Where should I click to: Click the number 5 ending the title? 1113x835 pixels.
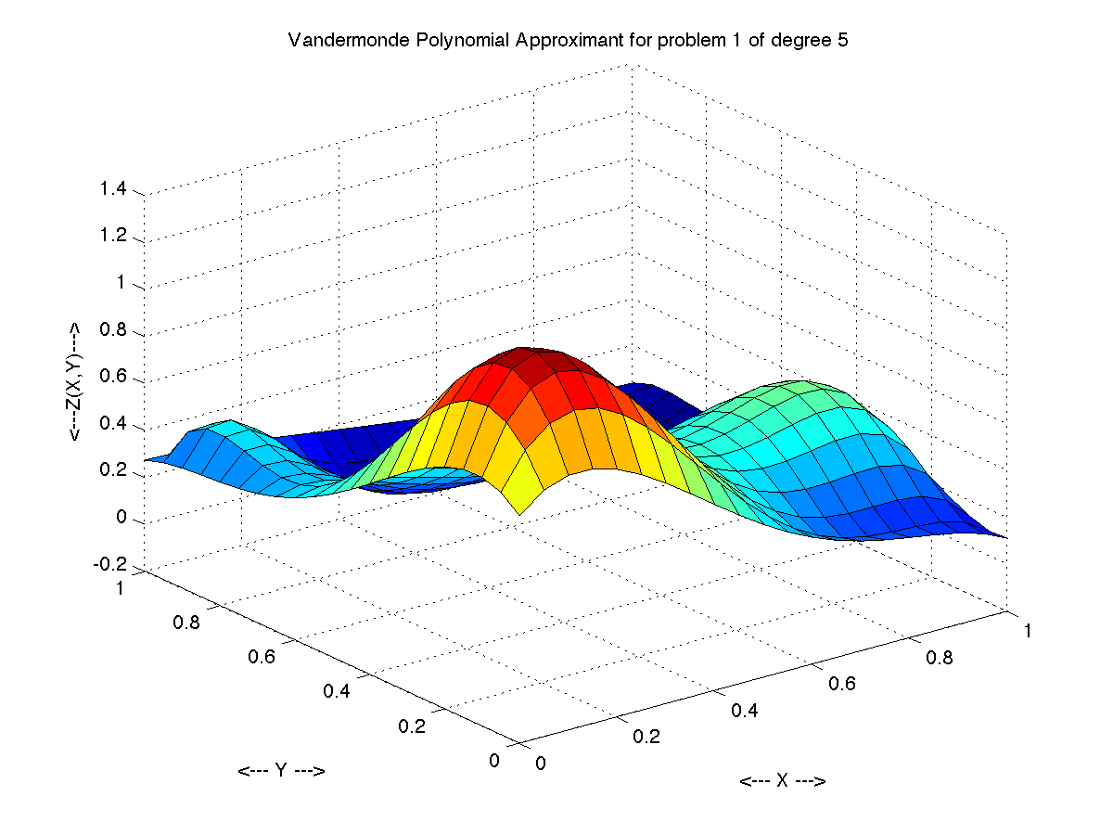[x=842, y=42]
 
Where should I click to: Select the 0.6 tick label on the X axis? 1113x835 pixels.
[x=842, y=684]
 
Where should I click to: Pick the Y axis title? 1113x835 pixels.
[x=281, y=771]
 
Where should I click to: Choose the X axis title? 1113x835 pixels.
[x=783, y=781]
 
